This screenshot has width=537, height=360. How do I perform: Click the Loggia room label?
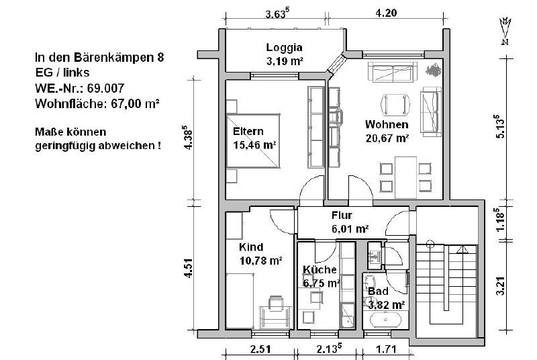tap(284, 48)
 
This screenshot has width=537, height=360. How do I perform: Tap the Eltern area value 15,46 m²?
tap(254, 145)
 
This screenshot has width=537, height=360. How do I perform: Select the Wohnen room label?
tap(387, 124)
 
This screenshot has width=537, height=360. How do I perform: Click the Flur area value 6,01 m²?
tap(350, 228)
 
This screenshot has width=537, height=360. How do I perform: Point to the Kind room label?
tap(251, 247)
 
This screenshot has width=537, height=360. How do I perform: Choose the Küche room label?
tap(320, 269)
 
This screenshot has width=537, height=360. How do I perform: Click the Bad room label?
tap(378, 291)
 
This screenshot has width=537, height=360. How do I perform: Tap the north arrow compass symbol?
tap(505, 31)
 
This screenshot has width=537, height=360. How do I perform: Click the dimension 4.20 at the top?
tap(387, 13)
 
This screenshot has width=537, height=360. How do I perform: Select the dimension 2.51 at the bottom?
tap(260, 349)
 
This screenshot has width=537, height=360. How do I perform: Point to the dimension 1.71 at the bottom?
tap(386, 349)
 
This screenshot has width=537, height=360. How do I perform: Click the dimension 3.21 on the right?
tap(500, 285)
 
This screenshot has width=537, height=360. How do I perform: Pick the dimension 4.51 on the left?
tap(189, 268)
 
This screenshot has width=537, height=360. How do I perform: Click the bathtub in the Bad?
tap(385, 320)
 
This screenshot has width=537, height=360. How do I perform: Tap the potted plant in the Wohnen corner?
tap(434, 70)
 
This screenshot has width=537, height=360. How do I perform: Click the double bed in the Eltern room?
tap(253, 141)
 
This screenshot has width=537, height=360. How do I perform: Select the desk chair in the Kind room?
tap(276, 304)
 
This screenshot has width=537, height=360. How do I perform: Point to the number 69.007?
tap(105, 89)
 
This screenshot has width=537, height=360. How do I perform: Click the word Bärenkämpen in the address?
tap(113, 58)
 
